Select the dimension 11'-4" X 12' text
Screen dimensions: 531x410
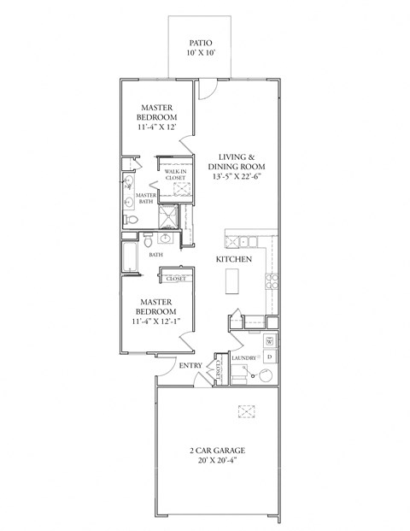pos(159,127)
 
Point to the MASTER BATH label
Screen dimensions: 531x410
pos(146,198)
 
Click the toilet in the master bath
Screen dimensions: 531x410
pos(132,220)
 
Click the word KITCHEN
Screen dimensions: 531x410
pos(232,258)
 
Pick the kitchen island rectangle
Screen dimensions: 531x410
pos(231,280)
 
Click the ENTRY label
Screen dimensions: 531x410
pos(190,366)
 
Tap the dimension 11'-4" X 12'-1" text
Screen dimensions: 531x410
pos(159,323)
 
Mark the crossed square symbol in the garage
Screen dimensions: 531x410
pos(247,411)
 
